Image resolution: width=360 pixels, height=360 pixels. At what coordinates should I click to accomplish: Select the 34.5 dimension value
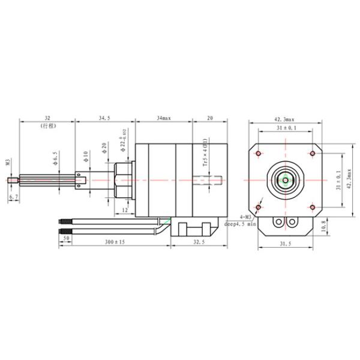coord(104,118)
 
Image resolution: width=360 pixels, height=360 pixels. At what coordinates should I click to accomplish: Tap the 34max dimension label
coord(163,118)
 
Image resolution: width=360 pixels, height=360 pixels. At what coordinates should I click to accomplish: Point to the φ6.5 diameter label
coord(55,158)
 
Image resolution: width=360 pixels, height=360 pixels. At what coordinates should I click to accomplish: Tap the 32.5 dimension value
coord(199,242)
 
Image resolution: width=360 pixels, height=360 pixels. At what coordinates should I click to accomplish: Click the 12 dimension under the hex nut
coord(125,210)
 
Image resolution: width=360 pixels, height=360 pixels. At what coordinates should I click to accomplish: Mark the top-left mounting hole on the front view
coord(259,154)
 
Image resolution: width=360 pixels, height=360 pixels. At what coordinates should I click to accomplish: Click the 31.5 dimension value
coord(285,244)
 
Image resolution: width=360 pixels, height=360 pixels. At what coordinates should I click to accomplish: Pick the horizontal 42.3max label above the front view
coord(286,118)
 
